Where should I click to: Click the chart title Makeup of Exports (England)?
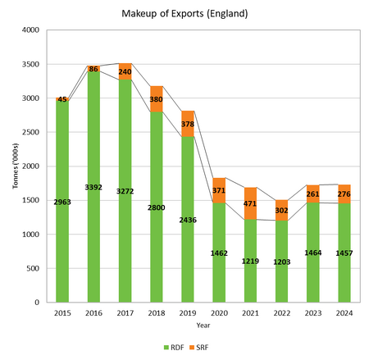[x=184, y=14]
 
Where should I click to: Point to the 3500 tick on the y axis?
[x=32, y=64]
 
